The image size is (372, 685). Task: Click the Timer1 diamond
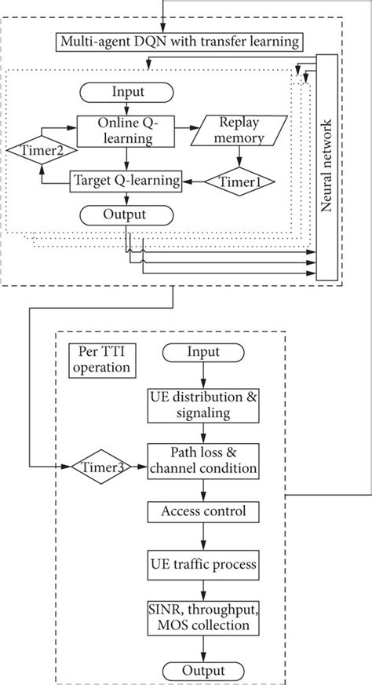point(240,181)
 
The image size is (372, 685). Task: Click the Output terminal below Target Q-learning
point(127,214)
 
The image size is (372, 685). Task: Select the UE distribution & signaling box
point(204,405)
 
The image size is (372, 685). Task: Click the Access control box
point(204,512)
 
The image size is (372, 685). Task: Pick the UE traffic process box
point(204,564)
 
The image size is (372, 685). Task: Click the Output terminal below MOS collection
point(204,670)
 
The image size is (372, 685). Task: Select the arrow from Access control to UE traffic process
point(204,538)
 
